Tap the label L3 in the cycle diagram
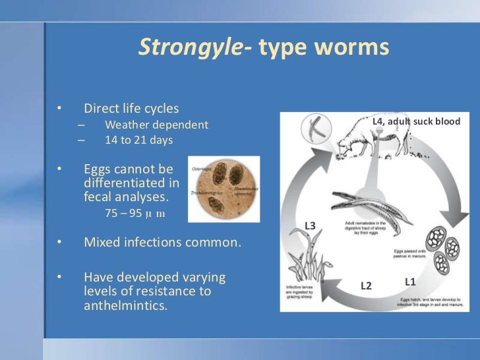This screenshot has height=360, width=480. (310, 226)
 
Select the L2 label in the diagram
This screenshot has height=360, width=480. (366, 285)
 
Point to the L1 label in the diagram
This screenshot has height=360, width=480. (410, 282)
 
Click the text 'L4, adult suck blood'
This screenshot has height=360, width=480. (416, 121)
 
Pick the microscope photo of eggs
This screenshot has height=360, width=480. (224, 189)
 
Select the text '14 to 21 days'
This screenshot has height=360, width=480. (138, 140)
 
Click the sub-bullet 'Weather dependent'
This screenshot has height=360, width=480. (156, 125)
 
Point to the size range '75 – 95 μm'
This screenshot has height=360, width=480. (135, 214)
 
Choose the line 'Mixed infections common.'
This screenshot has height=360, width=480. (162, 242)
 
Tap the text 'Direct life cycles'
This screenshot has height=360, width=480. (131, 108)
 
